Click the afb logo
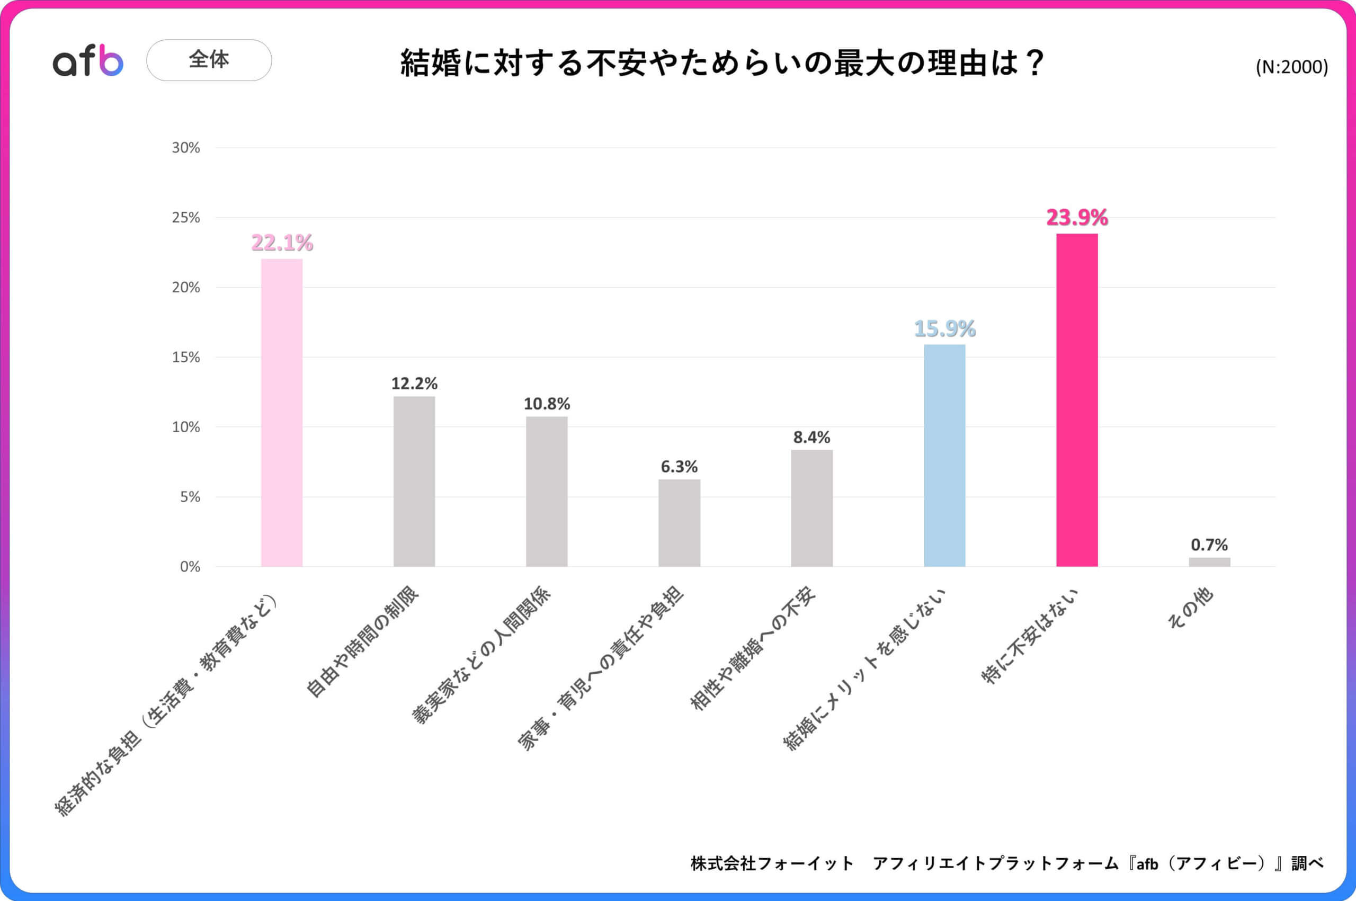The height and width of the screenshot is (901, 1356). click(88, 60)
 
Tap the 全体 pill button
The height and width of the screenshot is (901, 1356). click(209, 60)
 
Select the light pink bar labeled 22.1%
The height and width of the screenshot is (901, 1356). click(282, 413)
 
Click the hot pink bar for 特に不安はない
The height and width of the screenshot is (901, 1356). click(1077, 400)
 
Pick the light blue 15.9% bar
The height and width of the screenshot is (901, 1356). click(944, 456)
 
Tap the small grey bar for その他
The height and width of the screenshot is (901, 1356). click(1209, 562)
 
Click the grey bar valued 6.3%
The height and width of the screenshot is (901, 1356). click(679, 523)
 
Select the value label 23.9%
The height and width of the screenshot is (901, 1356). click(1077, 218)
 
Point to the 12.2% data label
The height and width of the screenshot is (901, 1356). click(414, 383)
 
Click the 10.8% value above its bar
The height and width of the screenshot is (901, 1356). click(547, 404)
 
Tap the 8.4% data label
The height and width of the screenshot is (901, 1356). click(811, 438)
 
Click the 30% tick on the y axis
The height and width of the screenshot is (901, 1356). click(185, 148)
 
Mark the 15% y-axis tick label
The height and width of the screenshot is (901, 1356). click(185, 358)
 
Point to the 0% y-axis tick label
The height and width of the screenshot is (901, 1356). click(190, 567)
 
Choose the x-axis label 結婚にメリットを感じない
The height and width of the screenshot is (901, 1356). click(865, 670)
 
